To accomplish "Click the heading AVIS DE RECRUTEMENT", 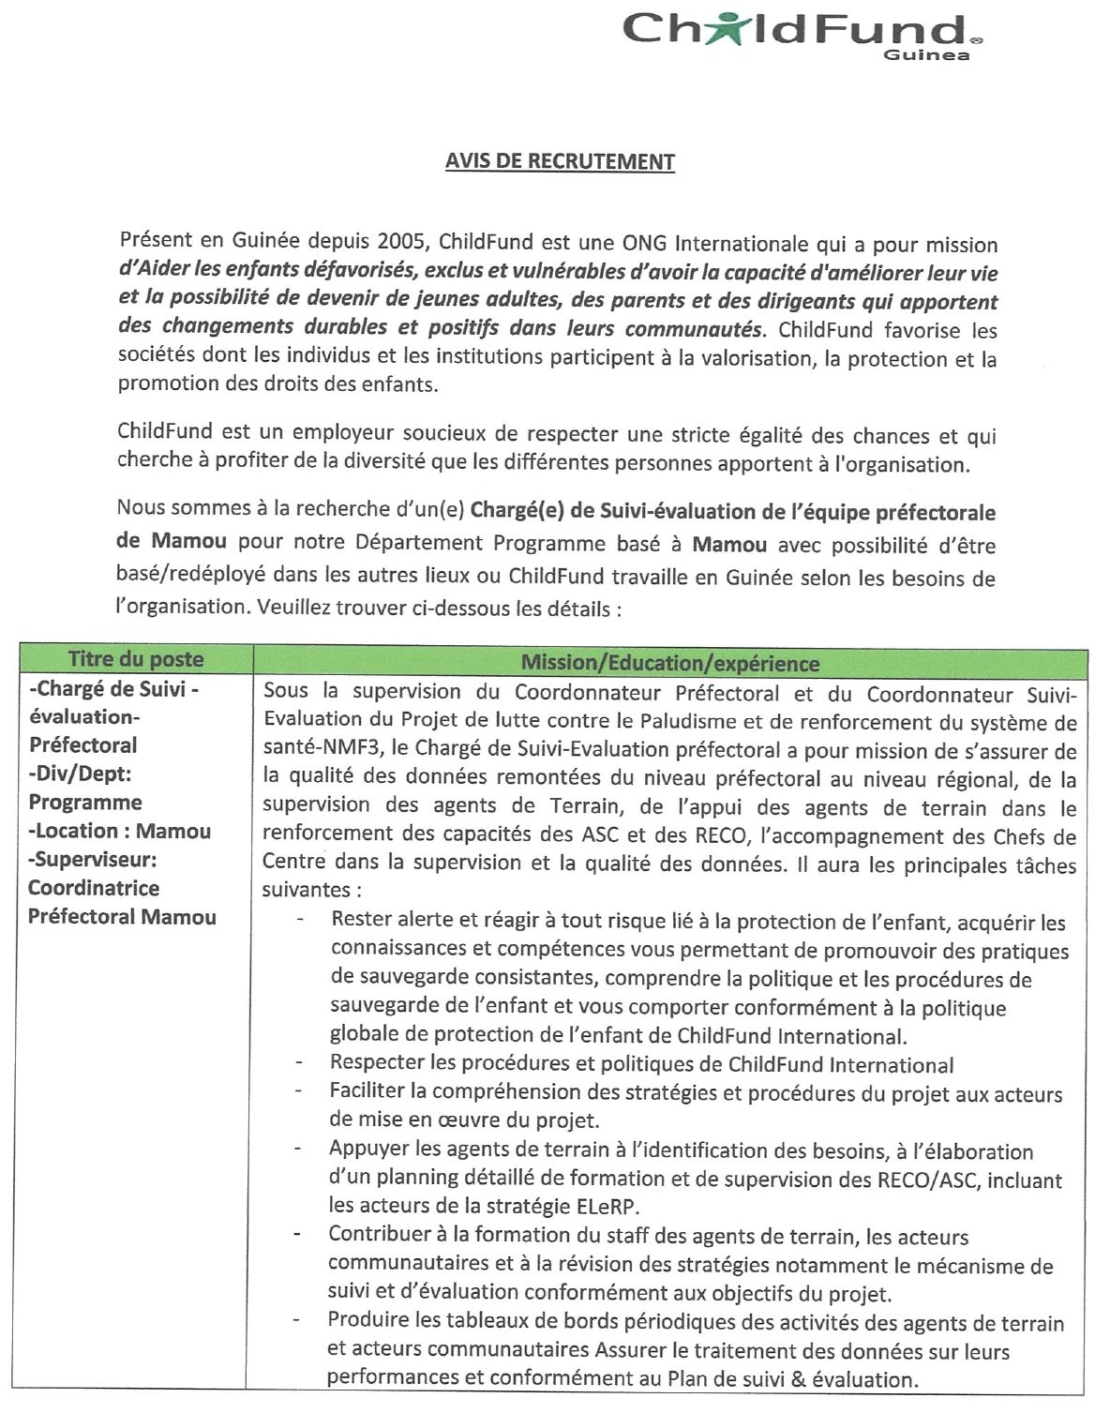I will tap(560, 161).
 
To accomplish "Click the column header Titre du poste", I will tap(136, 659).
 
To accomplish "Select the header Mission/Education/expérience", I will tap(669, 664).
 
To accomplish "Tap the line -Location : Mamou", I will tap(120, 831).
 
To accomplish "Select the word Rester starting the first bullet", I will tap(362, 922).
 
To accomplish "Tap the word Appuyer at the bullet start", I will tap(367, 1150).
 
